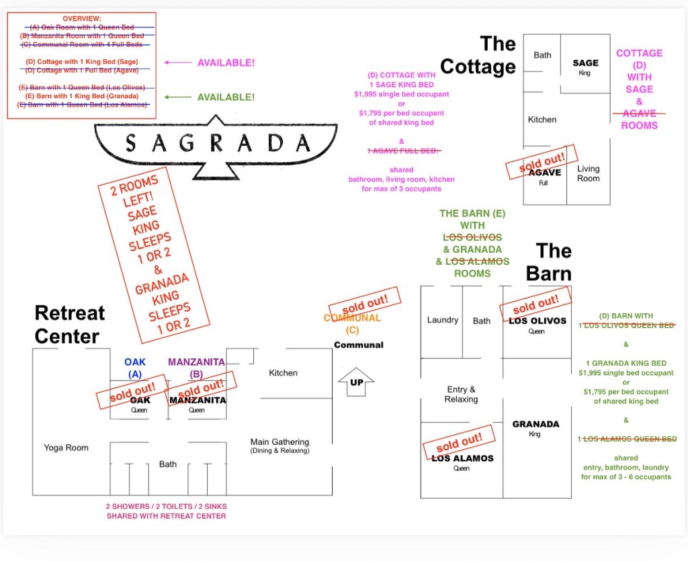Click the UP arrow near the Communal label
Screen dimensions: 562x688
coord(356,383)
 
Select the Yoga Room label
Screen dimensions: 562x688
coord(67,448)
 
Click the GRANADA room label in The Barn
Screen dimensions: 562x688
coord(535,424)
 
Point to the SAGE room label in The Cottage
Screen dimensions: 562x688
coord(585,63)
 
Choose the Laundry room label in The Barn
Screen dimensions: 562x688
coord(442,321)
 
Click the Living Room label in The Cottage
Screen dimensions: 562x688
coord(588,173)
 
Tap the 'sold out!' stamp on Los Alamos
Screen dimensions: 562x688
coord(458,442)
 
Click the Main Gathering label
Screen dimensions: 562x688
coord(279,442)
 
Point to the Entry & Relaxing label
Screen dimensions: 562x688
coord(461,394)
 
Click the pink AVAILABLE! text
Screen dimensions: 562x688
coord(226,63)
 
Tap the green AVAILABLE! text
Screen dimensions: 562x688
coord(226,97)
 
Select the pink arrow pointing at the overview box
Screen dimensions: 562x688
coord(178,63)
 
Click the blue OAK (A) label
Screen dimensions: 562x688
coord(134,367)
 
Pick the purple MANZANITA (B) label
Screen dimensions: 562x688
coord(196,367)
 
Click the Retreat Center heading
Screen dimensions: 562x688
coord(70,324)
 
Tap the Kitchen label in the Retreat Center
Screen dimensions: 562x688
coord(283,373)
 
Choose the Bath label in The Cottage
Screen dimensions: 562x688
coord(542,55)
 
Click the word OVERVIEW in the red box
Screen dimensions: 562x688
coord(82,18)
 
